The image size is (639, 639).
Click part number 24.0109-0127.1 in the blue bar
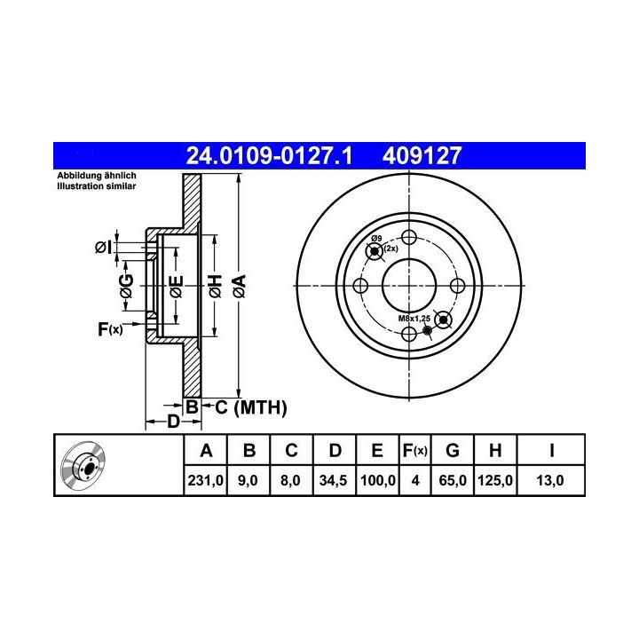pyautogui.click(x=269, y=155)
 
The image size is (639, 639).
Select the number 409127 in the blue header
pyautogui.click(x=422, y=155)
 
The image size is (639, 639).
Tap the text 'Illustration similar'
pyautogui.click(x=96, y=186)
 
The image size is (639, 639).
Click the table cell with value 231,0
pyautogui.click(x=205, y=480)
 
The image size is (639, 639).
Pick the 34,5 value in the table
pyautogui.click(x=333, y=480)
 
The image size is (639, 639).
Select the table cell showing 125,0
pyautogui.click(x=494, y=480)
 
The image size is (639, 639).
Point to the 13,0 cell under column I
pyautogui.click(x=550, y=480)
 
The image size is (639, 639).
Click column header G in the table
pyautogui.click(x=453, y=450)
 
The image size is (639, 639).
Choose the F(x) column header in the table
pyautogui.click(x=414, y=450)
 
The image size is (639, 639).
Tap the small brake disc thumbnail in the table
pyautogui.click(x=83, y=464)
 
